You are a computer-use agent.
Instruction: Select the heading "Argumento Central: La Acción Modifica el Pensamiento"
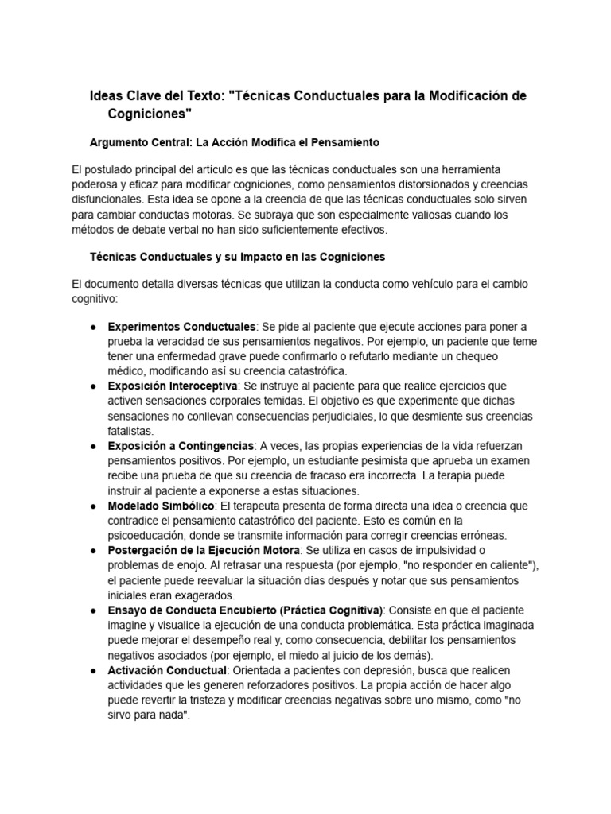pos(235,143)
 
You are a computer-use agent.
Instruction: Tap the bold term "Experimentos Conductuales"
pos(181,327)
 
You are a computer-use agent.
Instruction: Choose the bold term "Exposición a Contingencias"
pos(181,446)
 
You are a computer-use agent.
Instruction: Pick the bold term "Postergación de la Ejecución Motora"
pos(204,550)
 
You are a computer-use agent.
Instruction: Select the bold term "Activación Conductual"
pos(166,670)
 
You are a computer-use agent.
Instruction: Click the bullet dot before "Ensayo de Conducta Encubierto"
pos(93,610)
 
